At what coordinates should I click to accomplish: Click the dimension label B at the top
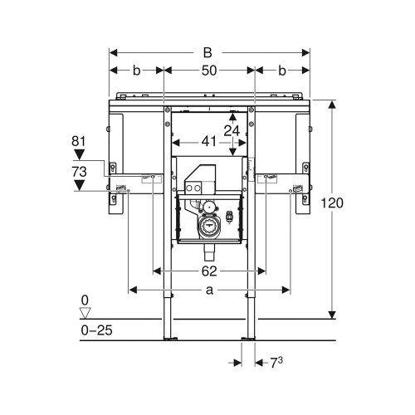[208, 51]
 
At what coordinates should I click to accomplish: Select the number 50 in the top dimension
[208, 71]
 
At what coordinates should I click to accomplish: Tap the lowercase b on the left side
[136, 71]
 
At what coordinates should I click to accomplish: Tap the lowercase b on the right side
[282, 71]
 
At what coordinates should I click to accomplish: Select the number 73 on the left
[80, 171]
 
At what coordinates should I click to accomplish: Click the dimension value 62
[208, 271]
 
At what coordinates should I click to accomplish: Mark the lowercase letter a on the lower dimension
[209, 289]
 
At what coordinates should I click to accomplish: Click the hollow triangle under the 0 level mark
[83, 312]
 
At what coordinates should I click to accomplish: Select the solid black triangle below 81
[80, 154]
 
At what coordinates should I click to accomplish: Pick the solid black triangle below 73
[80, 185]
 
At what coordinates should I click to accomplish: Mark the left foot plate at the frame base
[169, 339]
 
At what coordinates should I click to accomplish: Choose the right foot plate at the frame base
[247, 339]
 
